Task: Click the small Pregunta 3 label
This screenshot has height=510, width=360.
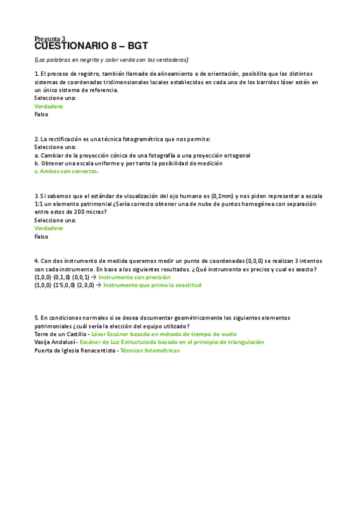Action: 50,38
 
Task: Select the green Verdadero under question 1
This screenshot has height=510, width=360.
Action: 49,106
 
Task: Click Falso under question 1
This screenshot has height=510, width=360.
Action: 41,114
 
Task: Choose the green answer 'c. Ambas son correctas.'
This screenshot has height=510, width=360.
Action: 67,171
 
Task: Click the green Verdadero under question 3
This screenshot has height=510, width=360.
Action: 49,228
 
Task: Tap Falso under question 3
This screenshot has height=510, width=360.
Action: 41,236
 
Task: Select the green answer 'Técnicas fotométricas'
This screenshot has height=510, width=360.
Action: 150,350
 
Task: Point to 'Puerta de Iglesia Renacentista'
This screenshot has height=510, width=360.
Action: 75,350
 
